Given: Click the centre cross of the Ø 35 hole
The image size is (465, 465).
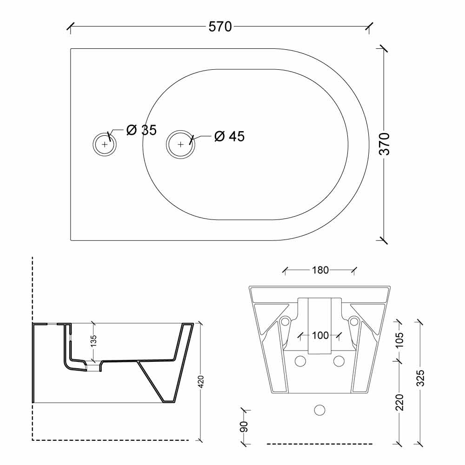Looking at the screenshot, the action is pos(104,145).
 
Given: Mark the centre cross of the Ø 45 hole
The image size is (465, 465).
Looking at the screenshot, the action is pos(180,145).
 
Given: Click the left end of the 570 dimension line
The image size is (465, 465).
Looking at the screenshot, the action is pos(70,27).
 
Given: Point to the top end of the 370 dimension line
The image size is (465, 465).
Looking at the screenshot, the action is pos(384,49).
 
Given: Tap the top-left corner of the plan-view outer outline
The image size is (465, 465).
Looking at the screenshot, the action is pos(71,49).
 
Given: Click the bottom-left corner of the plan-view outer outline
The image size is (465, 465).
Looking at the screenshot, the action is pos(71,240).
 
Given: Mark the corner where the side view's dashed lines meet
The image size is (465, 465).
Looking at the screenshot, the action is pos(33,440).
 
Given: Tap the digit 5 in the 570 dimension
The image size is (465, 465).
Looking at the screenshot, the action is pos(212,27).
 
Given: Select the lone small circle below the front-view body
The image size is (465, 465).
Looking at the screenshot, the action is pos(319,410).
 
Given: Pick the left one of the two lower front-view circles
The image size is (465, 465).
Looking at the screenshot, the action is pos(300,361).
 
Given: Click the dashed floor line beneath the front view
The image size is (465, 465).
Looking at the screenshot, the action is pos(320,444).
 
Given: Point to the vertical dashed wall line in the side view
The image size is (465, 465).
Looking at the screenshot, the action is pos(33,348).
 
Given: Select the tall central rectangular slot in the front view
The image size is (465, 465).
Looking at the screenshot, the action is pos(319,326).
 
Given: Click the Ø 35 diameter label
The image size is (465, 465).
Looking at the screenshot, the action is pos(141,130).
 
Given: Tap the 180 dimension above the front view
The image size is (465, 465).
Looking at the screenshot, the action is pos(320,270).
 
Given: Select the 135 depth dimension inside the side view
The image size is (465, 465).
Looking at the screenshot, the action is pos(93,341).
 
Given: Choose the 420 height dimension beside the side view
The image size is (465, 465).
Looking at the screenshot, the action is pos(201,382).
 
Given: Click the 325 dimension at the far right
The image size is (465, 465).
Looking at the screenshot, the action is pos(420,378).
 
